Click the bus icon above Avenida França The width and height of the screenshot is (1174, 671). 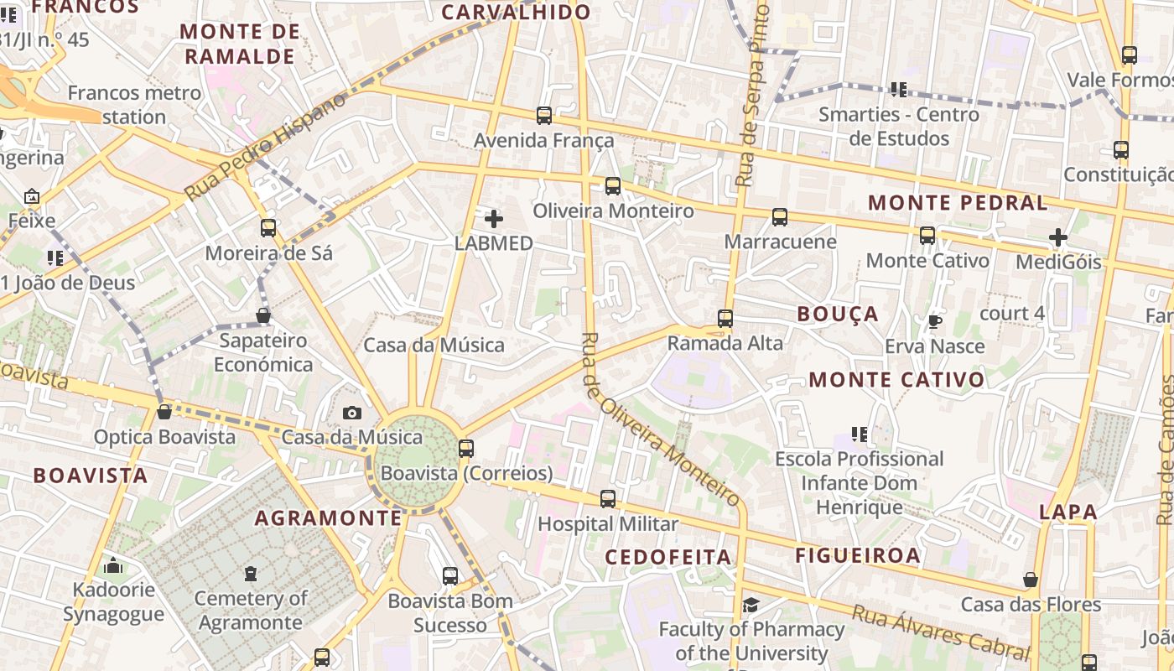coord(544,116)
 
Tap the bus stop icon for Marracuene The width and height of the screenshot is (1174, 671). coord(780,217)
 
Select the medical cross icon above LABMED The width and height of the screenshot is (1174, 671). coord(494,219)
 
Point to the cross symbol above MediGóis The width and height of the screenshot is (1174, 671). coord(1058,237)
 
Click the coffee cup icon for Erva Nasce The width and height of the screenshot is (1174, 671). coord(935,321)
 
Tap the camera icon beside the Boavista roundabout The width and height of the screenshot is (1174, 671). coord(352,413)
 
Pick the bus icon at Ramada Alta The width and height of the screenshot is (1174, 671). coord(725,319)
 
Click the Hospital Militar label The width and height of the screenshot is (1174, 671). coord(607,524)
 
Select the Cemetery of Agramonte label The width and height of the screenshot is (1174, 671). coord(251,611)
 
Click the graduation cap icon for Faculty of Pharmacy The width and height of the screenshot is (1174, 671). coord(751,605)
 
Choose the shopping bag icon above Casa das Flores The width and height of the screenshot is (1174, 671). coord(1031,580)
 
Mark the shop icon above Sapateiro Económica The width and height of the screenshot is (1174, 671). coord(263,315)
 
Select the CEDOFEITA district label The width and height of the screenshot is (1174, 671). coord(668,557)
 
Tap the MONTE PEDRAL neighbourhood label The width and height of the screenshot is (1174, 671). coord(957,202)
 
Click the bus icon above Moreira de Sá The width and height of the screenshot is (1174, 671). coord(268,227)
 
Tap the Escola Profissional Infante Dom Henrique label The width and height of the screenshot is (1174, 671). coord(860,483)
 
